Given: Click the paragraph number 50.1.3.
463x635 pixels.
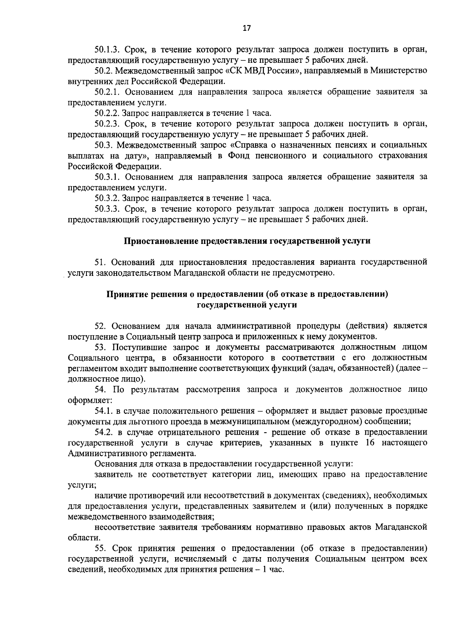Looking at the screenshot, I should [x=108, y=50].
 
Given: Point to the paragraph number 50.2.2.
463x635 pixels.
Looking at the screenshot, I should [x=107, y=113].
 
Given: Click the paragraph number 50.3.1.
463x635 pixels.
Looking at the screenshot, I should [x=108, y=177].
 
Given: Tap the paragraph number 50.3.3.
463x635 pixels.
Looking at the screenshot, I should [x=108, y=209].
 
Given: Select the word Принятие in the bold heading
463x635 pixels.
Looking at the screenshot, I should [x=126, y=294].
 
